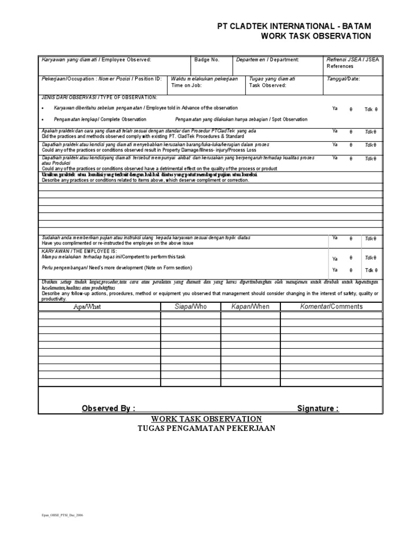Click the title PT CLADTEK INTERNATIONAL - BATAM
[294, 26]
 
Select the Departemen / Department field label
[268, 60]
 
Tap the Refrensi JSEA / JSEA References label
[350, 63]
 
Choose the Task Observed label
[268, 85]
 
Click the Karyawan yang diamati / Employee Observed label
[96, 60]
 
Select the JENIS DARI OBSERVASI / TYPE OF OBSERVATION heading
[99, 97]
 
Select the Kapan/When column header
[250, 306]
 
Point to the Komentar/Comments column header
[324, 306]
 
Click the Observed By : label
[108, 408]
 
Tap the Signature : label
[318, 408]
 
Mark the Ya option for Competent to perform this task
[334, 259]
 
